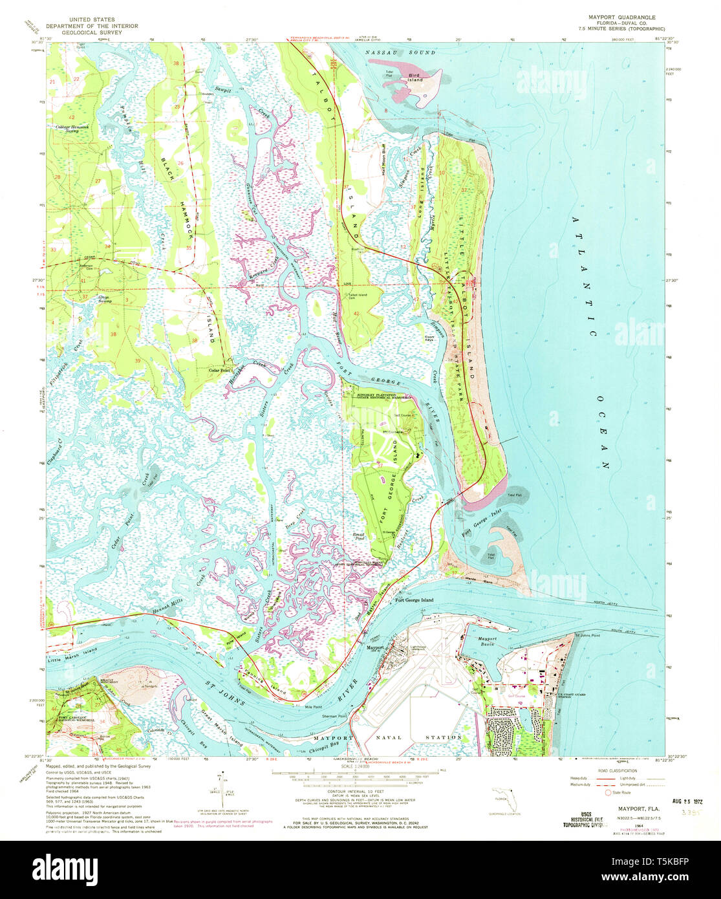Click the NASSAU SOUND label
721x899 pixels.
click(x=400, y=51)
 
